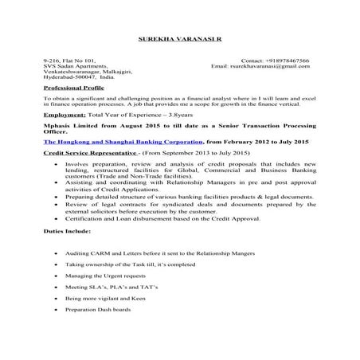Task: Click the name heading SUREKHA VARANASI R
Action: point(179,38)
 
